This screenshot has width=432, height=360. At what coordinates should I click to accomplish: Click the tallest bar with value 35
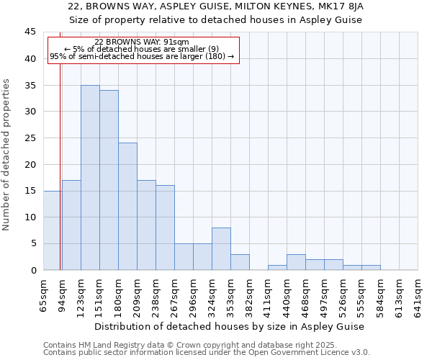point(90,177)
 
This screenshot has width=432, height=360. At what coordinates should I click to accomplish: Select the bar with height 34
point(109,180)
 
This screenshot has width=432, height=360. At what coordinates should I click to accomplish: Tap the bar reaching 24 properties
point(127,206)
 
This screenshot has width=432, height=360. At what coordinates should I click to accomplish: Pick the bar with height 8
point(221,248)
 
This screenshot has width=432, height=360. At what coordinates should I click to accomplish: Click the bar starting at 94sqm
point(71,225)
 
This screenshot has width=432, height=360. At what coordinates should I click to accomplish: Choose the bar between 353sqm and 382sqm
point(240,262)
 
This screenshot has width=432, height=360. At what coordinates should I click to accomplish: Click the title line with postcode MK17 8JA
point(216,6)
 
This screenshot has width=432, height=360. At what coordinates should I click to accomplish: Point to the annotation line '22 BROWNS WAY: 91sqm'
point(142,42)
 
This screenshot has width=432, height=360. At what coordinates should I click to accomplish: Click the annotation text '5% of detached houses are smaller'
point(142,49)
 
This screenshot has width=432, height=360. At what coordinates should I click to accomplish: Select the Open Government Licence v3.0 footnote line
point(207,353)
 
